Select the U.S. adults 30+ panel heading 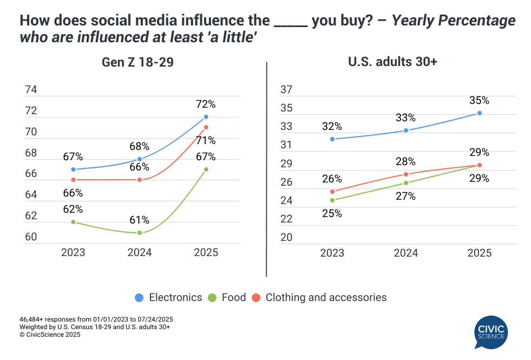coord(392,62)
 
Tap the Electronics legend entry coord(168,297)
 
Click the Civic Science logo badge coord(489,331)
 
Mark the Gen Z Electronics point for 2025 coord(206,117)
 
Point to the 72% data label coord(206,104)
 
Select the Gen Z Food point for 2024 coord(140,233)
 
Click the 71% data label coord(206,141)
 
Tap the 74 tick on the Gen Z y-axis coord(31,90)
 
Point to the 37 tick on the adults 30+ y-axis coord(286,90)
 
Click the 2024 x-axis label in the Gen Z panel coord(140,252)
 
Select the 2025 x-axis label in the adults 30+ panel coord(479,252)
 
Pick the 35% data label coord(479,100)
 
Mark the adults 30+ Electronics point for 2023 coord(332,139)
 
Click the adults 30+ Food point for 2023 coord(332,200)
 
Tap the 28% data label coord(405,161)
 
